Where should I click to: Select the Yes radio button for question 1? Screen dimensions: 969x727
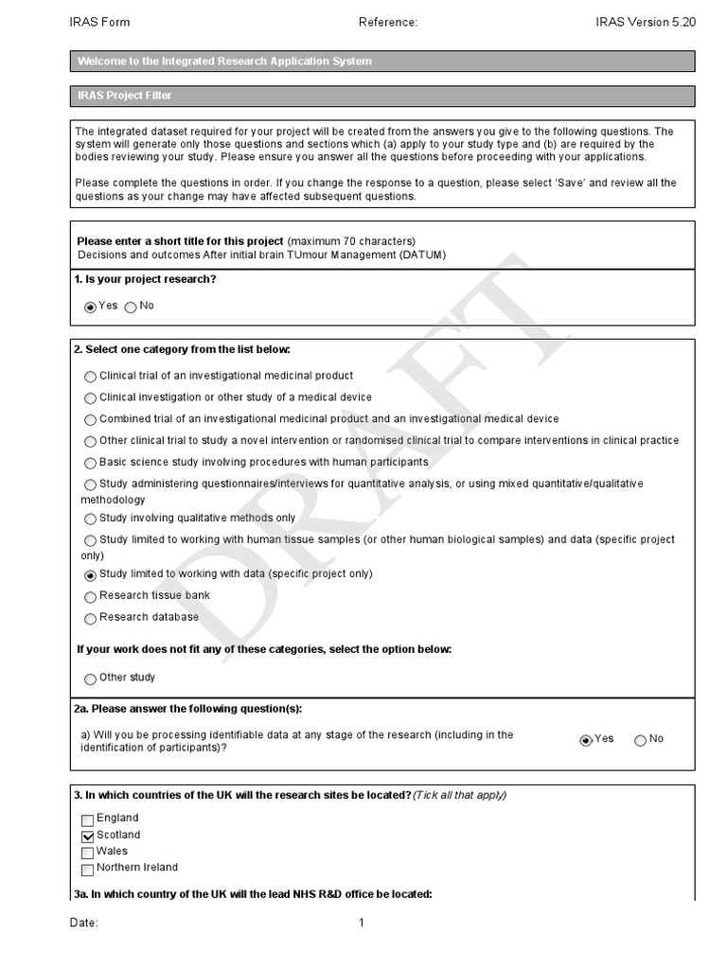90,307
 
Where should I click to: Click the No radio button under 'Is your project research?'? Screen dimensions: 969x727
131,307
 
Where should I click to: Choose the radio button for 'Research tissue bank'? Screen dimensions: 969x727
90,597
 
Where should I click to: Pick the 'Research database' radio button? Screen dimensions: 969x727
90,619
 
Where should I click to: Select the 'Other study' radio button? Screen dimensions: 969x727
90,678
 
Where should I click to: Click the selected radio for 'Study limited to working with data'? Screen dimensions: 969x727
90,575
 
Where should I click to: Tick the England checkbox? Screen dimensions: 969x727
88,819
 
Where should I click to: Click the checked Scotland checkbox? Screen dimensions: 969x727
88,837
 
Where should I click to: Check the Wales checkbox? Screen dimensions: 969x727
88,853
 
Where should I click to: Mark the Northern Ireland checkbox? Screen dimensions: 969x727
88,869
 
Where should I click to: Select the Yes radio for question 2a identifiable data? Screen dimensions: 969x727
586,740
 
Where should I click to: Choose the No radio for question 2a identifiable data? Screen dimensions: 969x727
641,740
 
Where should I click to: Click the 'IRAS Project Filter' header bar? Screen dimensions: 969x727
382,96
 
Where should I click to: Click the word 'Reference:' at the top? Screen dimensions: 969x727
388,22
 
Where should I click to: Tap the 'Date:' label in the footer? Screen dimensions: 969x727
83,924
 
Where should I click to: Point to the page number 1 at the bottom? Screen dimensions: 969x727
361,924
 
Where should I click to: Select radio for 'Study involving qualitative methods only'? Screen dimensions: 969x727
90,520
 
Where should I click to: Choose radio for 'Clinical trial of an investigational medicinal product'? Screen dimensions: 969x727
90,377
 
